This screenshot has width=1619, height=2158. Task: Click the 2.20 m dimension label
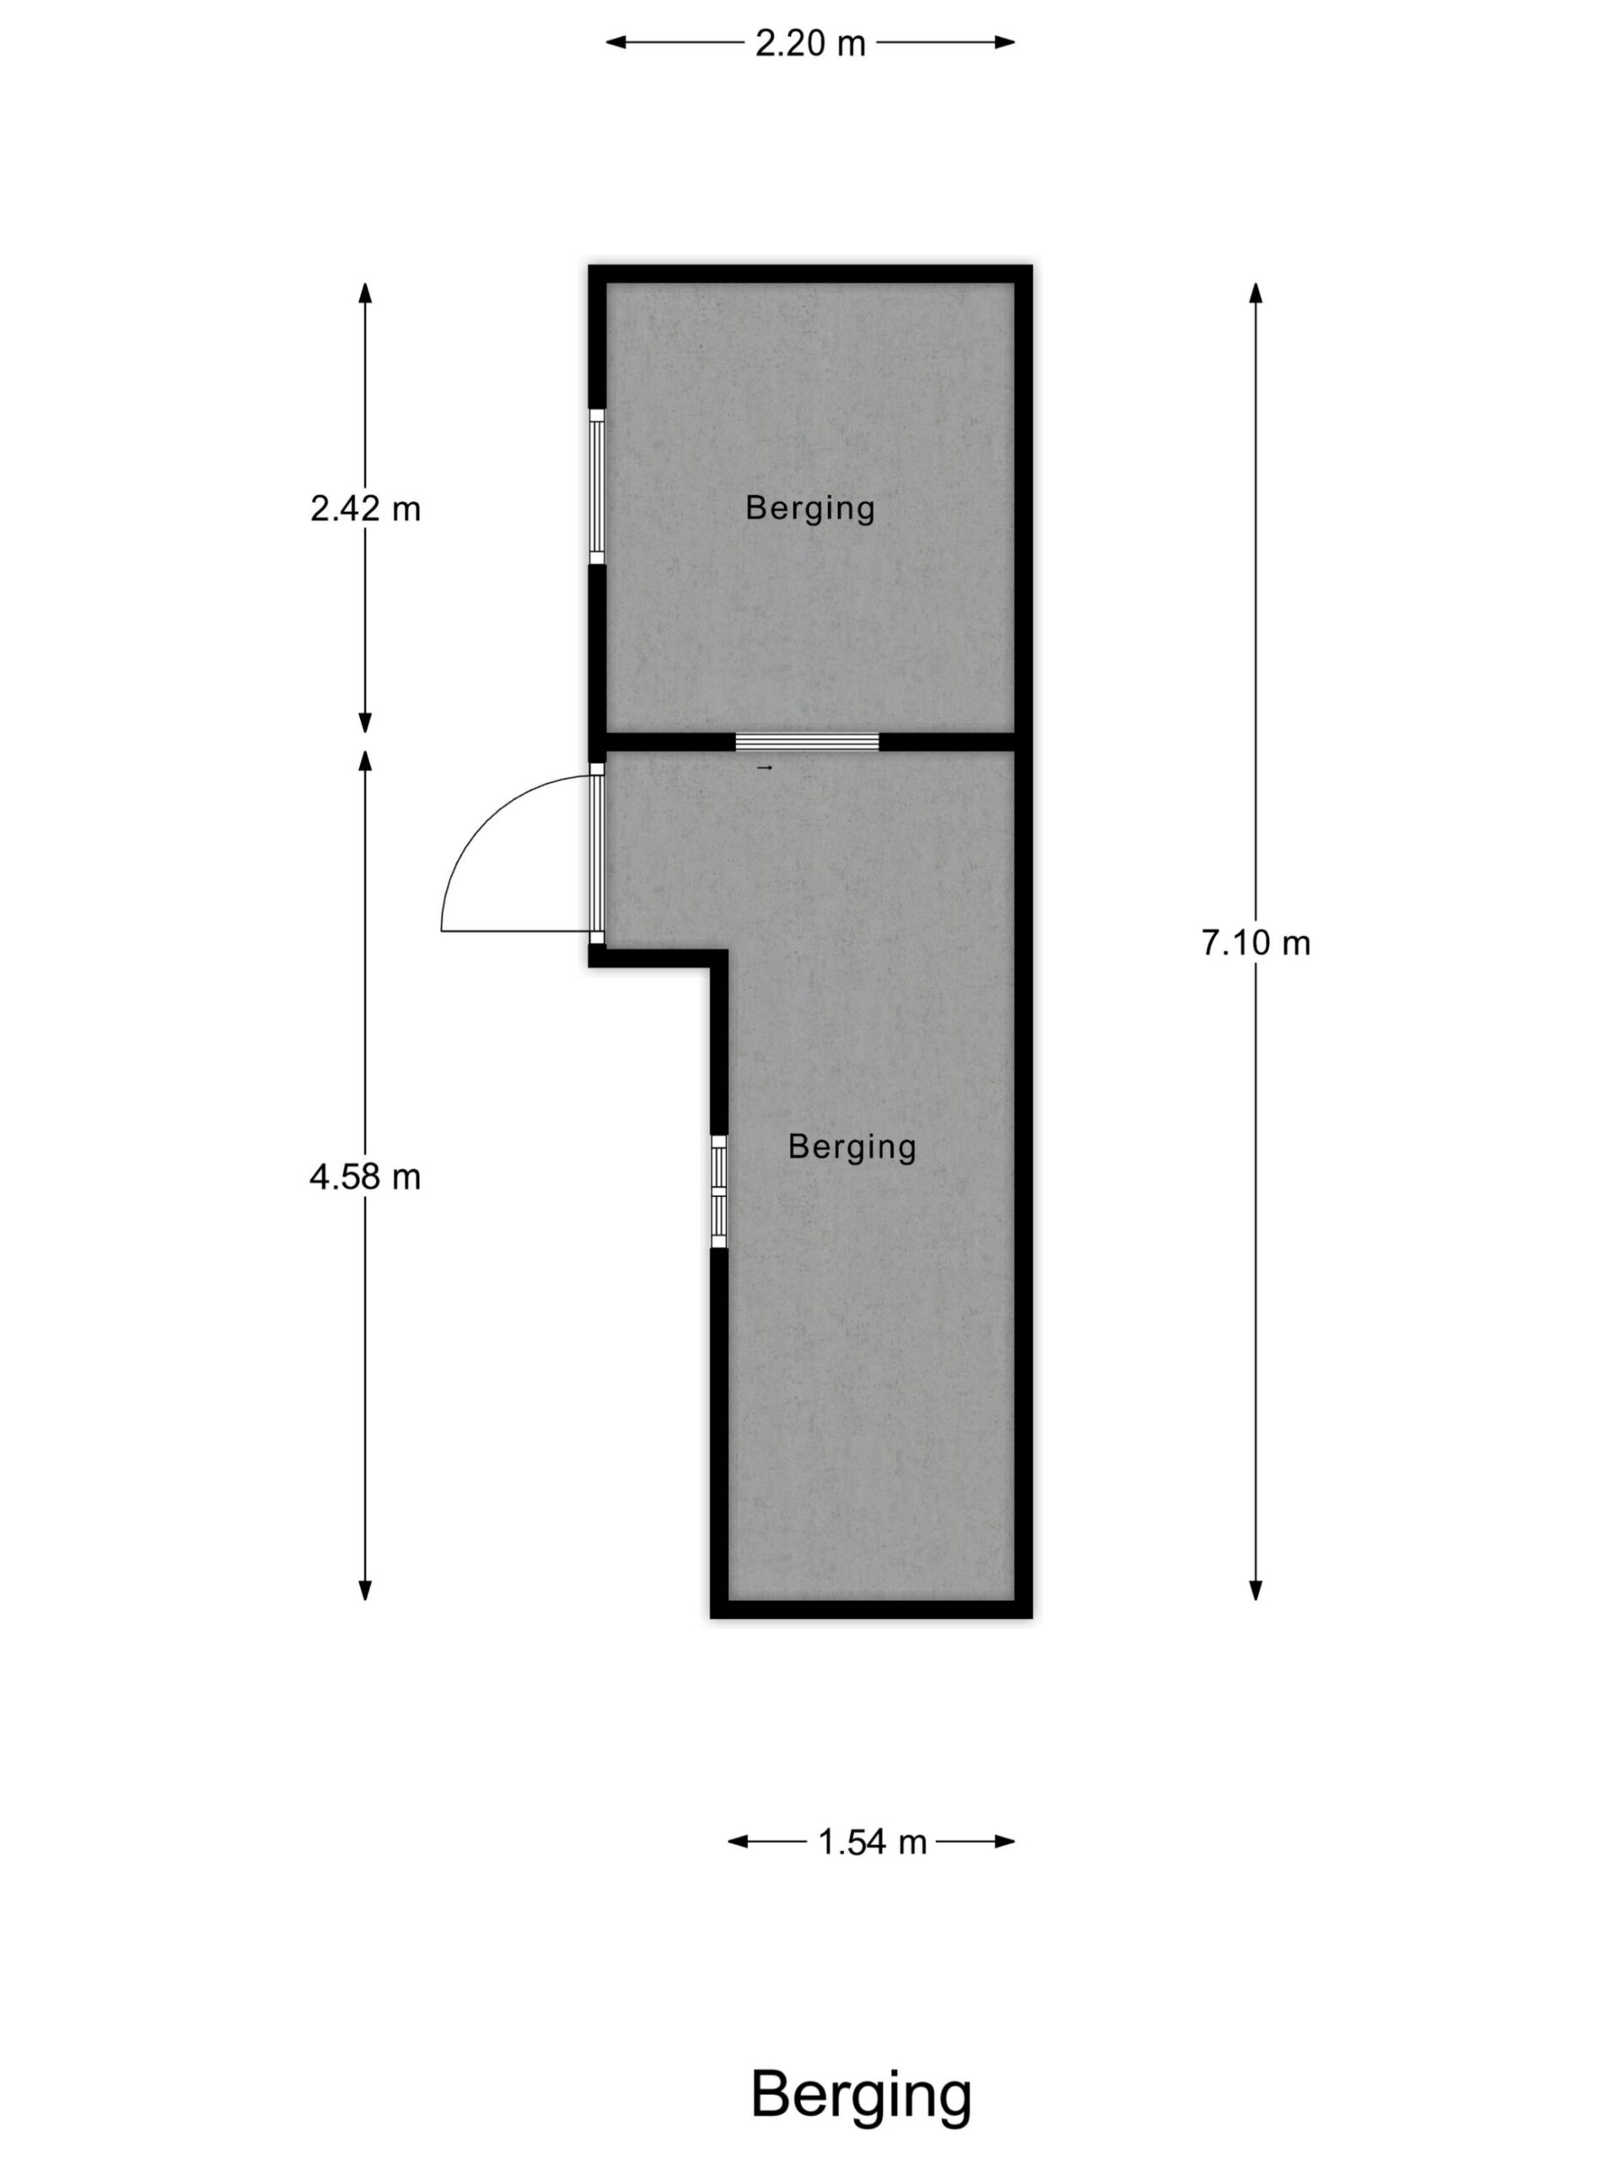pyautogui.click(x=810, y=43)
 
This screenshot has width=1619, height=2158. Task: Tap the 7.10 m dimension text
pyautogui.click(x=1255, y=943)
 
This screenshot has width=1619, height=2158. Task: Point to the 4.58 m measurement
pyautogui.click(x=365, y=1178)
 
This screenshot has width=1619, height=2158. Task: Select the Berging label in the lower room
pyautogui.click(x=852, y=1147)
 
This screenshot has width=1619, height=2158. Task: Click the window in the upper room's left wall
pyautogui.click(x=597, y=487)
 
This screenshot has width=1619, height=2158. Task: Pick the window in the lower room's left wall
pyautogui.click(x=719, y=1191)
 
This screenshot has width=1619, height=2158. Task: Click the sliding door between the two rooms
pyautogui.click(x=807, y=743)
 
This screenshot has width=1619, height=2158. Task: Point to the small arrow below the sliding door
pyautogui.click(x=765, y=769)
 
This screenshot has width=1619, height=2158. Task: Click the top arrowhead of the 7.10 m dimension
pyautogui.click(x=1255, y=293)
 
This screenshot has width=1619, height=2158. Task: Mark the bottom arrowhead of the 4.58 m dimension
pyautogui.click(x=365, y=1590)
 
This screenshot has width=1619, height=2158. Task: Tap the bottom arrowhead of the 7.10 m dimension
pyautogui.click(x=1255, y=1590)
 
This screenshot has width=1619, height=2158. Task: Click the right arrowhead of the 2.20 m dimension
pyautogui.click(x=1005, y=42)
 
